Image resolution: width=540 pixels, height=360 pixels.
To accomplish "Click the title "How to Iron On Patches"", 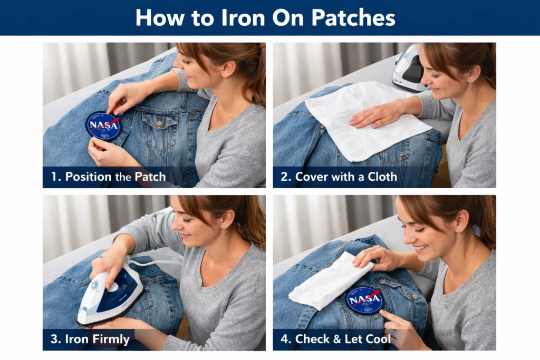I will pyautogui.click(x=265, y=17).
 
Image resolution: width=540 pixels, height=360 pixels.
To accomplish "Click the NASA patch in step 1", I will pyautogui.click(x=103, y=125).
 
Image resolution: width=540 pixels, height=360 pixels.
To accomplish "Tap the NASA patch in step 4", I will pyautogui.click(x=364, y=300).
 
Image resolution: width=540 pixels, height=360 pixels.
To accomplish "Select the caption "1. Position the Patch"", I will pyautogui.click(x=108, y=177).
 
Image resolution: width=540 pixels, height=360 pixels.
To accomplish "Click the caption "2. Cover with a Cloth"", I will pyautogui.click(x=339, y=177).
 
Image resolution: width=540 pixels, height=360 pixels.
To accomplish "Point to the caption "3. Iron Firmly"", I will pyautogui.click(x=90, y=339).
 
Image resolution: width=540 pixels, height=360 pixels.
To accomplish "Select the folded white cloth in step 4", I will pyautogui.click(x=327, y=282).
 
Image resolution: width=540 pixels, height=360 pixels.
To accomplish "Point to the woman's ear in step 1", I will pyautogui.click(x=227, y=69).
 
